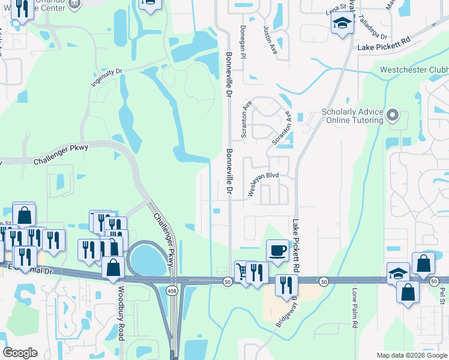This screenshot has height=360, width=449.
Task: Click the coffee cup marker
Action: pos(277,250)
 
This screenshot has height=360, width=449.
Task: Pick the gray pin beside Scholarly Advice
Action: pos(393,114)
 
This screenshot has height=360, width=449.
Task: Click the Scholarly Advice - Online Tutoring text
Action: pos(352,116)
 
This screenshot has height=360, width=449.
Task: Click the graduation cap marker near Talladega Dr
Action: pos(341,24)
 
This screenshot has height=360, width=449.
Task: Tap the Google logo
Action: pos(20,353)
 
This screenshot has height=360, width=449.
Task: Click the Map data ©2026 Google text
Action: pos(411,355)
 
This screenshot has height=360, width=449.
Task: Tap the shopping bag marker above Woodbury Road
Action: pos(113,268)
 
